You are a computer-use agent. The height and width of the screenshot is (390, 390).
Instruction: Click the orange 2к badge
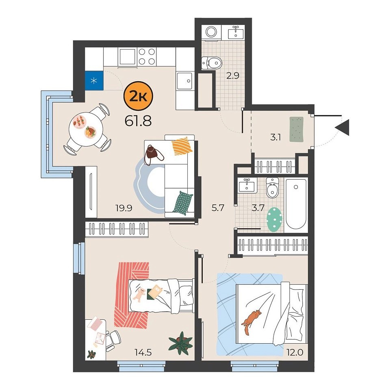pyautogui.click(x=138, y=97)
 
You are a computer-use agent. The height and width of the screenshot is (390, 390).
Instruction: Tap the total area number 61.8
pyautogui.click(x=138, y=121)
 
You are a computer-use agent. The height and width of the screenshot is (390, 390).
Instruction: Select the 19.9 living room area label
pyautogui.click(x=124, y=208)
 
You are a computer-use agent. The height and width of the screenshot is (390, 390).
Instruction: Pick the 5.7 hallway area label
pyautogui.click(x=218, y=208)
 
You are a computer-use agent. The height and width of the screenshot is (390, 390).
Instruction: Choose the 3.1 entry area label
pyautogui.click(x=275, y=137)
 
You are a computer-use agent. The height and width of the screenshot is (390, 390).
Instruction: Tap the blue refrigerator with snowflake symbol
pyautogui.click(x=94, y=80)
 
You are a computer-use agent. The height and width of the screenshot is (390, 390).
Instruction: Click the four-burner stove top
pyautogui.click(x=147, y=56)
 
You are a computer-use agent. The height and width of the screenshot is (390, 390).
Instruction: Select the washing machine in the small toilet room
pyautogui.click(x=211, y=32)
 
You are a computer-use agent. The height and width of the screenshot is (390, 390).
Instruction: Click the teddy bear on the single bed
pyautogui.click(x=139, y=295)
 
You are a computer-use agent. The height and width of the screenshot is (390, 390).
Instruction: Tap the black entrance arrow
pyautogui.click(x=342, y=127)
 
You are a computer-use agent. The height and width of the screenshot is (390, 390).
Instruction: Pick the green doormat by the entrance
pyautogui.click(x=297, y=129)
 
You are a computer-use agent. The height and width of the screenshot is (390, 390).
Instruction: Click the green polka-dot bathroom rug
pyautogui.click(x=275, y=220)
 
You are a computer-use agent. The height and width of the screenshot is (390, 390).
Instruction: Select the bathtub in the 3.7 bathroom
pyautogui.click(x=296, y=204)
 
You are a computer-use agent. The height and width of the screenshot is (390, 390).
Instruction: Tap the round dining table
pyautogui.click(x=86, y=129)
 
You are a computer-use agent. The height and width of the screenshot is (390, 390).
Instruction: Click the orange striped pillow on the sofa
pyautogui.click(x=182, y=146)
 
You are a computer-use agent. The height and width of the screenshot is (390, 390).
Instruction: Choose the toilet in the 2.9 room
pyautogui.click(x=211, y=63)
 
